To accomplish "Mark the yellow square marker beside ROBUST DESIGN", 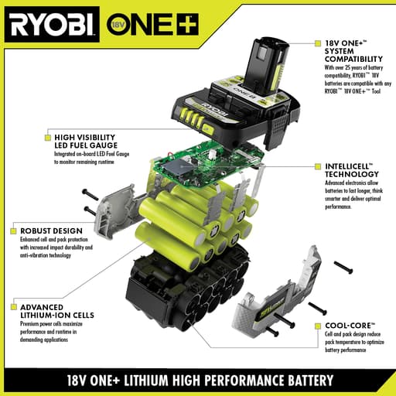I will point(14,230).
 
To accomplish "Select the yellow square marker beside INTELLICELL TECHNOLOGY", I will point(316,166).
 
